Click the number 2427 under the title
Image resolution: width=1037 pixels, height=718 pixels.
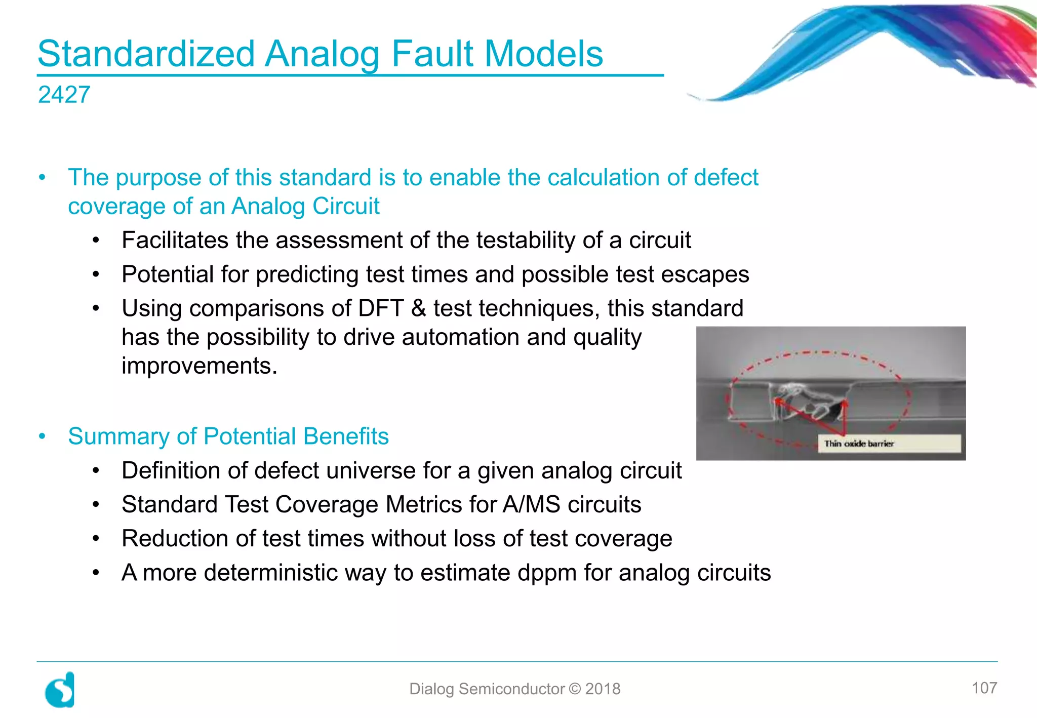tap(64, 95)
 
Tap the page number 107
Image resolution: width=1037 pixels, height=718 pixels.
tap(984, 688)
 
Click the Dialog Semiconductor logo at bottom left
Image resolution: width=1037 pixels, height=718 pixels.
tap(60, 690)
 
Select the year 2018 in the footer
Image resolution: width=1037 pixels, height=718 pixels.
tap(603, 689)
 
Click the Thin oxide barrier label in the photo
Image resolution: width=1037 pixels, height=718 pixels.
tap(859, 444)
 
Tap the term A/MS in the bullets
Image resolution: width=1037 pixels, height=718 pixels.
tap(531, 505)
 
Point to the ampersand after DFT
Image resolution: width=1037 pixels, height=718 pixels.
tap(418, 308)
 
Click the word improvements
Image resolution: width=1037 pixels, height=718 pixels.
tap(199, 366)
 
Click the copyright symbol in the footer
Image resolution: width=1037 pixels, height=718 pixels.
tap(575, 689)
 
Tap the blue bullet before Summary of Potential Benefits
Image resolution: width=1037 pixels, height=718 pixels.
tap(43, 436)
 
